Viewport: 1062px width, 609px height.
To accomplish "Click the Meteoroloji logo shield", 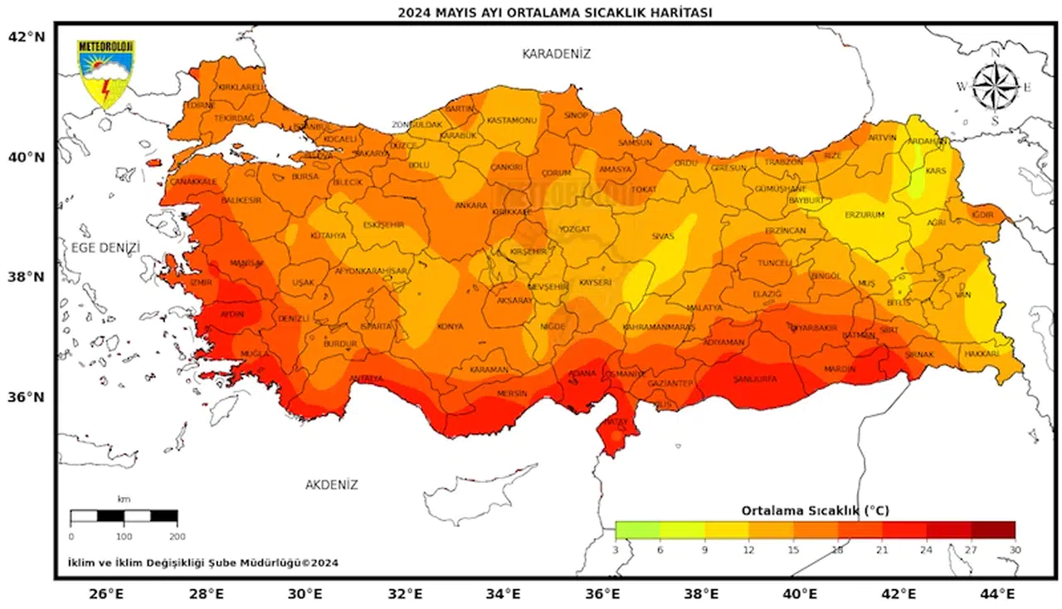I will (x=105, y=74).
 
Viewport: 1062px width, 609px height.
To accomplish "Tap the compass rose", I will (x=995, y=87).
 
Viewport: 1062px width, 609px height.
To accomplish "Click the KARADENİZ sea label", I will (x=556, y=54).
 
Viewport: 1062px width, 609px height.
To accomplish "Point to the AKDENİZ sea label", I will (x=331, y=485).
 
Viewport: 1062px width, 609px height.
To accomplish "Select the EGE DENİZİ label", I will (x=105, y=248).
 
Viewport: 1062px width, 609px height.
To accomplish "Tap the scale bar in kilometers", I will (x=124, y=516).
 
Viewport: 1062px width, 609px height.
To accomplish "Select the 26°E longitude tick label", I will (x=106, y=594).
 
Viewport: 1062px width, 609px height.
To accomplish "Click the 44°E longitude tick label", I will (x=998, y=594).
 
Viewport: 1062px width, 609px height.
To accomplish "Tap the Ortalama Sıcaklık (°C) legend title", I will (x=815, y=510).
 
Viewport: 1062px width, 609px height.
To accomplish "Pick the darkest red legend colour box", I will (x=992, y=530).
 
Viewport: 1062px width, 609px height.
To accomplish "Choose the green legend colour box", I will (x=637, y=530).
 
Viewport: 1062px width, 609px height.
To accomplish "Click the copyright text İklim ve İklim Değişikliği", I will (x=202, y=563).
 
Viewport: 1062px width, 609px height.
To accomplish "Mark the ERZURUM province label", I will (x=865, y=215).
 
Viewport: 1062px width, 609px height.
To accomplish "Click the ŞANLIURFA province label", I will (x=755, y=379).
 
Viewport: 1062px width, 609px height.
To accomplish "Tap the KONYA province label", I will (x=451, y=327).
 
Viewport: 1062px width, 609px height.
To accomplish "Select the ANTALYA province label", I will (x=366, y=379).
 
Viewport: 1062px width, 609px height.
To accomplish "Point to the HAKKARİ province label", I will (x=982, y=353).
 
